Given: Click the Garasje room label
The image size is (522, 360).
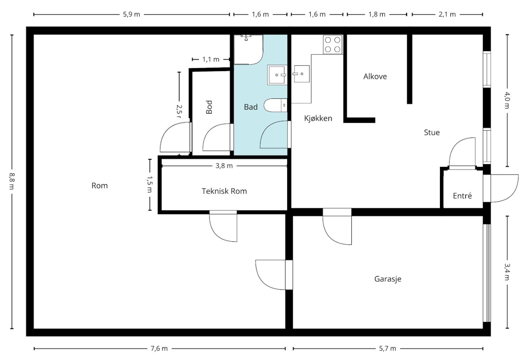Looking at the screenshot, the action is (388, 279).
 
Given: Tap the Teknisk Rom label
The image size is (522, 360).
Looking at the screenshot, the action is (224, 191).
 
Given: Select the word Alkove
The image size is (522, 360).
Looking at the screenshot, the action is (375, 76).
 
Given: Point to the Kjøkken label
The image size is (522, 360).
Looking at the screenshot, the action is (318, 118).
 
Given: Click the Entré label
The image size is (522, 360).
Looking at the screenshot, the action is (462, 196).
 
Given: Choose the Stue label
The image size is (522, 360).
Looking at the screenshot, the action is (432, 133).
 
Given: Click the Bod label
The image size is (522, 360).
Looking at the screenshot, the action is (209, 107).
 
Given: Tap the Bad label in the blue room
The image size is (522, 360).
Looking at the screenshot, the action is (251, 107).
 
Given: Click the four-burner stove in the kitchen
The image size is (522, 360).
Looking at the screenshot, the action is (332, 44).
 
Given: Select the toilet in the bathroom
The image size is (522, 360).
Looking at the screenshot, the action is (276, 105).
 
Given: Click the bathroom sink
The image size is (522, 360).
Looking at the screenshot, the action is (277, 75).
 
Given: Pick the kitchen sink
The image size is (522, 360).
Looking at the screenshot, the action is (302, 74).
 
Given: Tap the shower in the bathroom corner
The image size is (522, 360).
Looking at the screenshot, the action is (249, 50).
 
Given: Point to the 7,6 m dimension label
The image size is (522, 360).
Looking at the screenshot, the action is (159, 348).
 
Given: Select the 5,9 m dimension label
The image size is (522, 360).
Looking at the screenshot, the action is (131, 14).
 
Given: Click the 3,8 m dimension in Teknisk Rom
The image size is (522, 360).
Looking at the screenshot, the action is (224, 166).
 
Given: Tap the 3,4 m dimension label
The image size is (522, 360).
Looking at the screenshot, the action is (507, 272).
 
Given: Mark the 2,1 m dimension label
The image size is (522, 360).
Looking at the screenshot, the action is (447, 14).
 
